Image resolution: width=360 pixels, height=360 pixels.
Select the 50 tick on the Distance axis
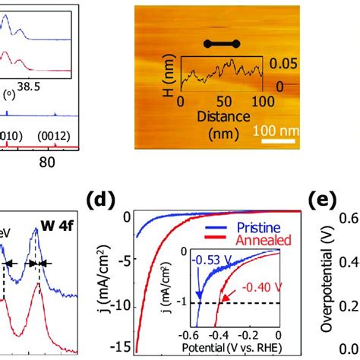pos(223,103)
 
